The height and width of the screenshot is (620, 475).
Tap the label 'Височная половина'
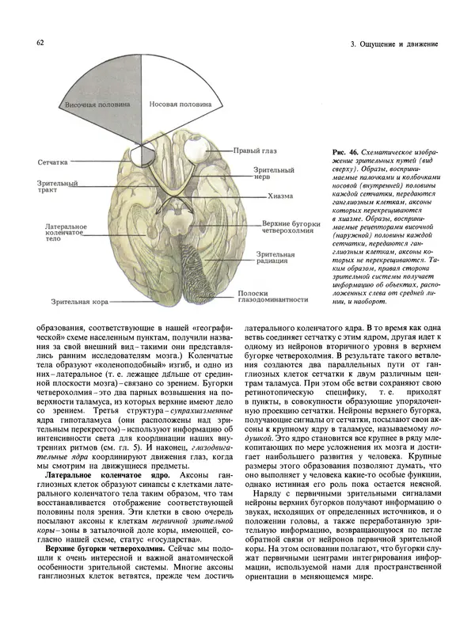(x=93, y=105)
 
